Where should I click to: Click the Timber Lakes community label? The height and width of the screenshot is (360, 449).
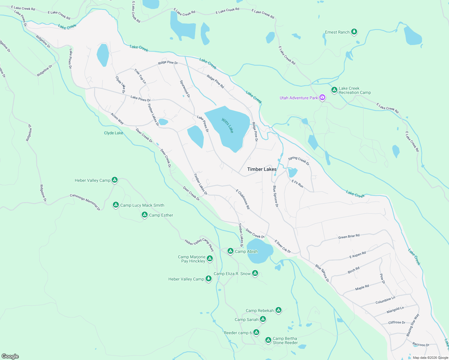coord(262,169)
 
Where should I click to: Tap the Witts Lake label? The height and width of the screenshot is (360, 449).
coord(228,125)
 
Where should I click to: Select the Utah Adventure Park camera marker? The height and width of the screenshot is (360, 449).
coord(322,97)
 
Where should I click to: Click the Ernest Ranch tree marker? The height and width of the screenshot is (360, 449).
coord(354,31)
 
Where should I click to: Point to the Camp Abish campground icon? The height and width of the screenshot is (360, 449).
coord(230,251)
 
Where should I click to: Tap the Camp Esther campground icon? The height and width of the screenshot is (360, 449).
coord(145,215)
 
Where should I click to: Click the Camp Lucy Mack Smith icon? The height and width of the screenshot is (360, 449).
coord(116,205)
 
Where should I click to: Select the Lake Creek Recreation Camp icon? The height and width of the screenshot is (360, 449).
coord(334,90)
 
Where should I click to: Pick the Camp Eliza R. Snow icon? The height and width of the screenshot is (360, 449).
coord(255,273)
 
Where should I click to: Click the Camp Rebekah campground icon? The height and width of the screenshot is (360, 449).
coord(279,310)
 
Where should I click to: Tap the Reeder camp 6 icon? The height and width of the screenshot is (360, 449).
coord(256,332)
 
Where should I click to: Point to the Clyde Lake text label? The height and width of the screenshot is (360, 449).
coord(113,133)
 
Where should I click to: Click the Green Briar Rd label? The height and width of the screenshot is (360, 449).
coord(349,236)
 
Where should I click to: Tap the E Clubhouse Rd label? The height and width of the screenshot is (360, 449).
coord(243,199)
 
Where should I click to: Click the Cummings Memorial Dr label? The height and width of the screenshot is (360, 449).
coord(85,202)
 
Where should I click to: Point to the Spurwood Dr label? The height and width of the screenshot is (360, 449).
coord(185,89)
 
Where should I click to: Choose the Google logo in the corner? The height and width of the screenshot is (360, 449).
coord(10,356)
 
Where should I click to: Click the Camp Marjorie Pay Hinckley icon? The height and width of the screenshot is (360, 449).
coord(210,258)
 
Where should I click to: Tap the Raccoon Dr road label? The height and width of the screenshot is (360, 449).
coord(420,344)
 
